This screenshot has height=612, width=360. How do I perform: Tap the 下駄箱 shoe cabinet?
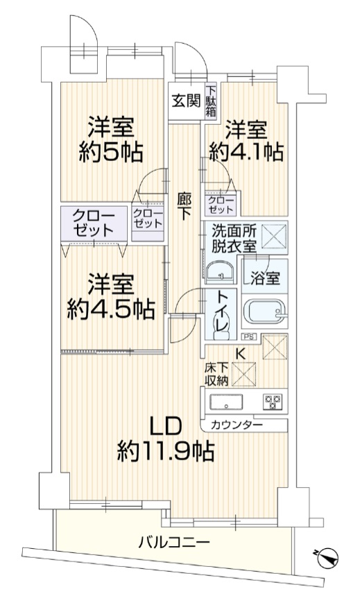click(211, 101)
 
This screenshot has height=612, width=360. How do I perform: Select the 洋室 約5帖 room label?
click(110, 139)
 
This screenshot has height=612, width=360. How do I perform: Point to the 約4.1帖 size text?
click(246, 151)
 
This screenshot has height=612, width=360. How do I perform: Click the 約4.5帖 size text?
click(110, 310)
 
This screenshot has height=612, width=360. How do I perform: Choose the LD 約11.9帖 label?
click(166, 439)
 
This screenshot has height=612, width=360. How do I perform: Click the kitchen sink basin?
click(226, 402)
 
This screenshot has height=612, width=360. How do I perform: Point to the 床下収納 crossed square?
click(243, 374)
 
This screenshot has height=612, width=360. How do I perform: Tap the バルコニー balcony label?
click(174, 542)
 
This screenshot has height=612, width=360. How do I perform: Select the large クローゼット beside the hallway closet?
click(94, 223)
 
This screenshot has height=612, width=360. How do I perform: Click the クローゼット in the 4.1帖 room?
click(221, 205)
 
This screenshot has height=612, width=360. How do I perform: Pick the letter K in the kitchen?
click(241, 354)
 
